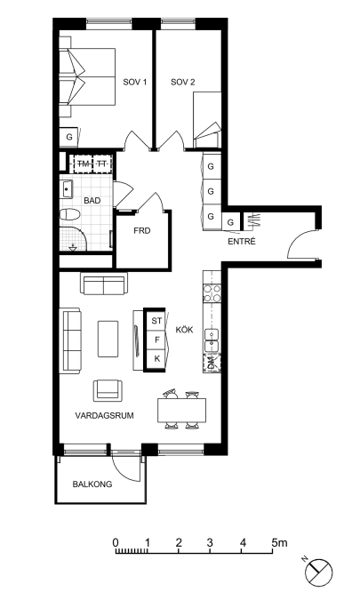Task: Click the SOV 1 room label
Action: (x=134, y=82)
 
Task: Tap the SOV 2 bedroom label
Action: (x=183, y=82)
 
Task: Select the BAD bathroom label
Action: (x=92, y=201)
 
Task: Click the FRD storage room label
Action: (x=142, y=231)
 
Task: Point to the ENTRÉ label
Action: (x=242, y=242)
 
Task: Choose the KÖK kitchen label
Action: (x=184, y=330)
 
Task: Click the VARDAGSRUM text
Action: (x=104, y=416)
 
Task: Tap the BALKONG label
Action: (x=92, y=484)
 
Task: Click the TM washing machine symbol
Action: (x=83, y=164)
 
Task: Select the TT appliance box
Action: (x=102, y=164)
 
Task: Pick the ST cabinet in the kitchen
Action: (x=156, y=321)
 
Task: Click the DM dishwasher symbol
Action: (x=212, y=364)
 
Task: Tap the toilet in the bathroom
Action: (x=70, y=214)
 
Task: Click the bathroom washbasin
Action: (x=67, y=189)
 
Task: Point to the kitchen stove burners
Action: (x=212, y=293)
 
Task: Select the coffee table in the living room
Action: (x=108, y=339)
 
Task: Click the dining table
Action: (x=181, y=411)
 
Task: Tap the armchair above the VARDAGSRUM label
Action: (x=108, y=390)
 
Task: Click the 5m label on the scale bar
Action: (x=280, y=542)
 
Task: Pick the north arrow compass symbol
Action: (x=318, y=572)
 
